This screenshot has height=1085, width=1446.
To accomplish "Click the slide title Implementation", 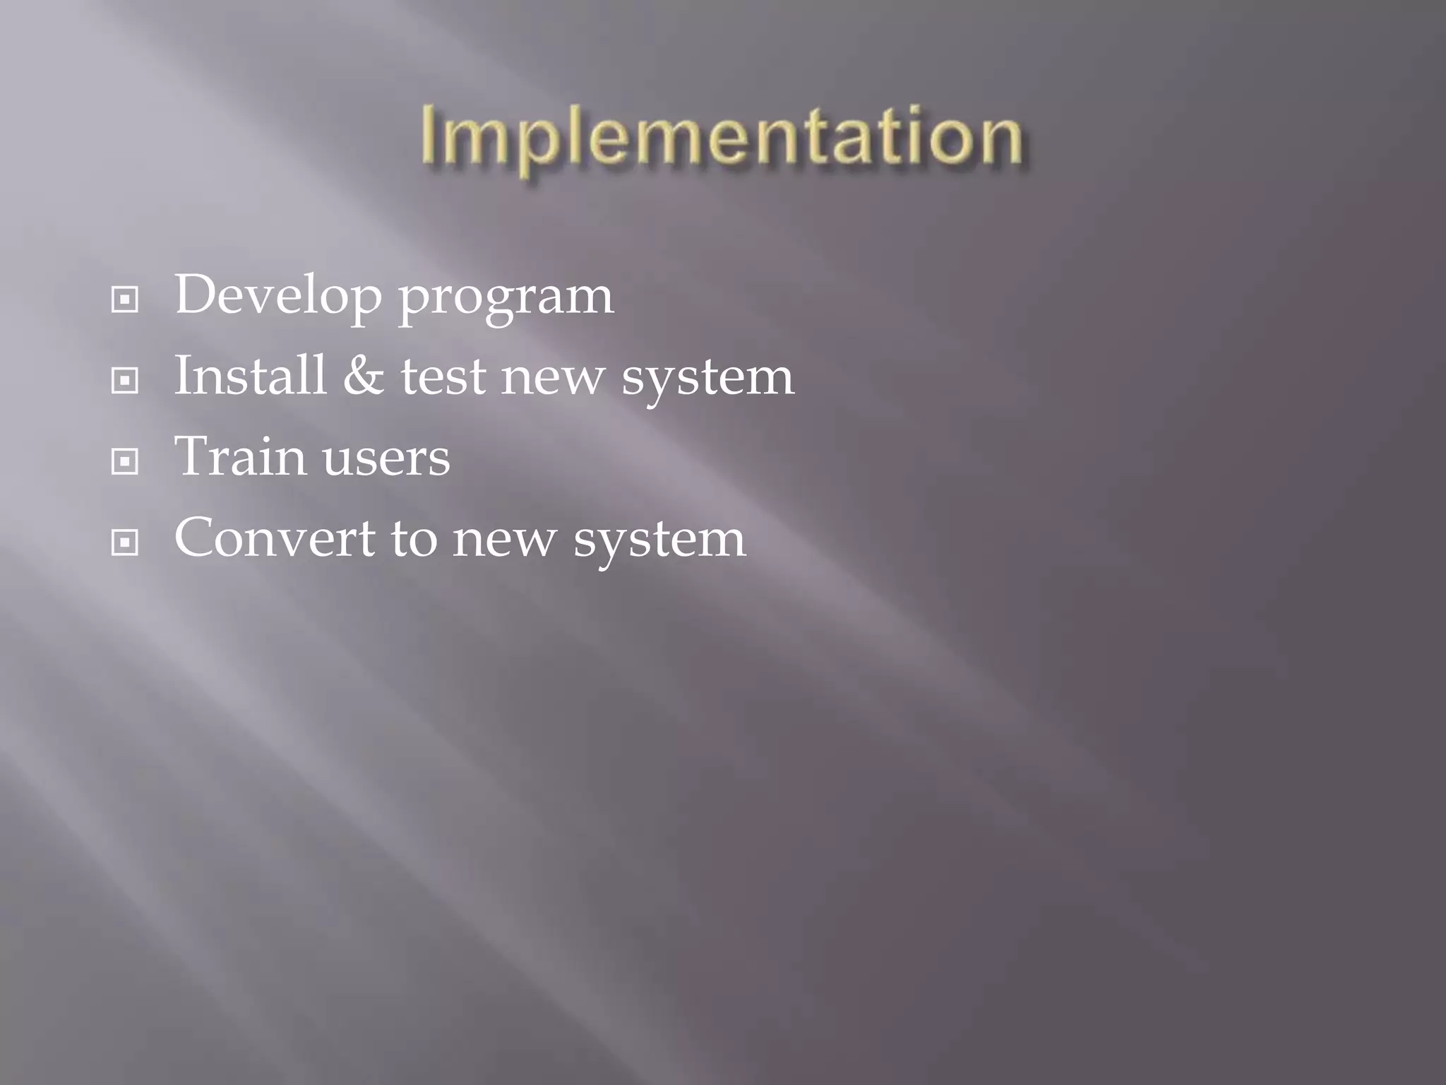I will pos(721,137).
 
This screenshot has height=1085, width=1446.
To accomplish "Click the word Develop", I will pos(278,295).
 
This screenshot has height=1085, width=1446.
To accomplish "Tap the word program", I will pos(506,300).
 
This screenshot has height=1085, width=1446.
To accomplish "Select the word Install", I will pos(251,375).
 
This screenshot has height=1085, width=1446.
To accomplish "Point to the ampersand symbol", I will pos(364,376).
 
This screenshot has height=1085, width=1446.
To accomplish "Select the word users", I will pos(386,459).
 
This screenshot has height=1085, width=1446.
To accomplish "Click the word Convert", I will pos(275,538).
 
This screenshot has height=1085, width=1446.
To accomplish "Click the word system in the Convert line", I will pos(659,542).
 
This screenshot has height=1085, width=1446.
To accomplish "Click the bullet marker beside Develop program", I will pos(125,300).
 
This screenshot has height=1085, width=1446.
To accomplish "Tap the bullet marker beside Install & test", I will pos(125,381).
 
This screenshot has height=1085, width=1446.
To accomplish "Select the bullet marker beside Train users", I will pos(125,463).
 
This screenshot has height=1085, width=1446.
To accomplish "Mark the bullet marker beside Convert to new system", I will pos(125,543).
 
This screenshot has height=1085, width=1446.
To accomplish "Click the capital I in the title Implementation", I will pos(429,136).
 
